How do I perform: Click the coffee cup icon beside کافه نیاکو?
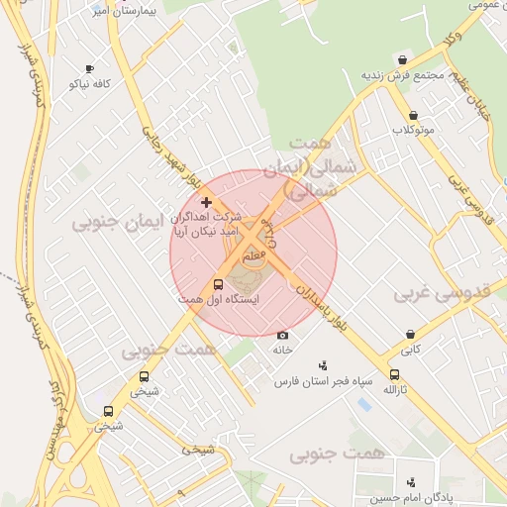[x=89, y=69]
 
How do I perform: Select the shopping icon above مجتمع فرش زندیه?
[x=402, y=60]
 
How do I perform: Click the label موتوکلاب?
[x=412, y=130]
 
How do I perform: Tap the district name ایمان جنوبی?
[x=111, y=224]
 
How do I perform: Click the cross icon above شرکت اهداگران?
[x=206, y=202]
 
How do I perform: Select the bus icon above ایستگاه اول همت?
[x=218, y=285]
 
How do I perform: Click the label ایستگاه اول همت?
[x=218, y=300]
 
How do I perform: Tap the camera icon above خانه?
[x=282, y=336]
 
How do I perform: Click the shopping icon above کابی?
[x=410, y=335]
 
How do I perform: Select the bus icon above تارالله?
[x=395, y=375]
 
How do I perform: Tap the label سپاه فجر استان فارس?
[x=323, y=381]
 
